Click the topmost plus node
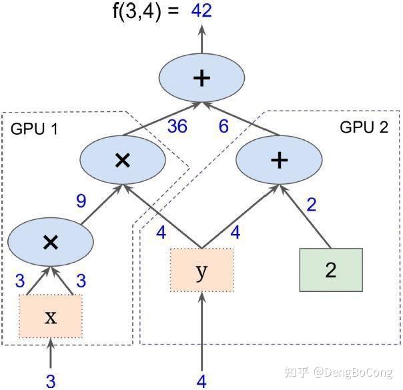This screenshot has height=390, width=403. pyautogui.click(x=201, y=78)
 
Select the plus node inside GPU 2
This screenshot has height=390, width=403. pyautogui.click(x=279, y=160)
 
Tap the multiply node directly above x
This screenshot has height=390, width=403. pyautogui.click(x=51, y=242)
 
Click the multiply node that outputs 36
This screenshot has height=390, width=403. pyautogui.click(x=123, y=160)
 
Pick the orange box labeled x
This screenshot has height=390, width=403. pyautogui.click(x=51, y=316)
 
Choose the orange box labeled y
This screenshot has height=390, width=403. pyautogui.click(x=201, y=270)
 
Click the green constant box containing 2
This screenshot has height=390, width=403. pyautogui.click(x=331, y=270)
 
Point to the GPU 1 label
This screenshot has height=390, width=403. pyautogui.click(x=34, y=129)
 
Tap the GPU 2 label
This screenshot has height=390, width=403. pyautogui.click(x=364, y=127)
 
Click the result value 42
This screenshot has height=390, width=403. pyautogui.click(x=201, y=11)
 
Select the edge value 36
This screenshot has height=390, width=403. pyautogui.click(x=177, y=126)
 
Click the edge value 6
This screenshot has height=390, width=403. pyautogui.click(x=224, y=126)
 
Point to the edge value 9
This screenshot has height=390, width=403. pyautogui.click(x=81, y=201)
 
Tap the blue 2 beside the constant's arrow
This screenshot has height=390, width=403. pyautogui.click(x=312, y=205)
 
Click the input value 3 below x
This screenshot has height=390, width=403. pyautogui.click(x=51, y=381)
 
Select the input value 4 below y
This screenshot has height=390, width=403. pyautogui.click(x=201, y=381)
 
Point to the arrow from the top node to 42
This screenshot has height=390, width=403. pyautogui.click(x=201, y=39)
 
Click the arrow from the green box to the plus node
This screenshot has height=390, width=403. pyautogui.click(x=305, y=216)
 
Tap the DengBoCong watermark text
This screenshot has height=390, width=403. pyautogui.click(x=353, y=372)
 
